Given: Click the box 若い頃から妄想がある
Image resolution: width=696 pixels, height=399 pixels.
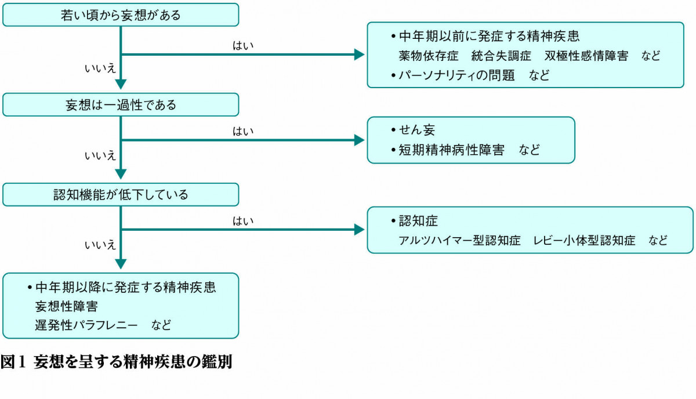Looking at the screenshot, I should tap(121, 15).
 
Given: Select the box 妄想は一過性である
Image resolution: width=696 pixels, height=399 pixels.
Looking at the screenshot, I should tap(121, 106).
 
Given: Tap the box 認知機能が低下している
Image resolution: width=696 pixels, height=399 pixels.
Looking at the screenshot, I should tap(121, 195).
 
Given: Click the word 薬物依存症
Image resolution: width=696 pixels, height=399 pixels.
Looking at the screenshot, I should tap(429, 56).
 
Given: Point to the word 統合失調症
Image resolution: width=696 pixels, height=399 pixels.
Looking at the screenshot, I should tap(501, 56).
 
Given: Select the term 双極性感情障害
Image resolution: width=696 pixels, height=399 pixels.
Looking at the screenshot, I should tap(586, 56).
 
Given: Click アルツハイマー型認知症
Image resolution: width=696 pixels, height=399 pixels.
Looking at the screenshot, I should tap(459, 240).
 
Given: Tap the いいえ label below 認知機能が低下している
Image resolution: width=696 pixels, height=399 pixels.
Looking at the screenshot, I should tap(100, 245).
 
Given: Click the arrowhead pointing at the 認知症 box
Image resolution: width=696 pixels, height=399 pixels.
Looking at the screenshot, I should tap(360, 230).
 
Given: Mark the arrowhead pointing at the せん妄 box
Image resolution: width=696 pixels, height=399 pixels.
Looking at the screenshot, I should tap(360, 140).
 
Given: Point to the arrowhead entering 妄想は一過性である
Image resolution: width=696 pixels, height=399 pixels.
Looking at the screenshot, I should tap(121, 84).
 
